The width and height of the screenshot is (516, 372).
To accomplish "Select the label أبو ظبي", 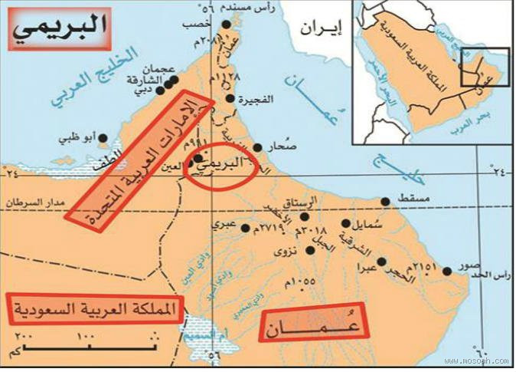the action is (79, 140).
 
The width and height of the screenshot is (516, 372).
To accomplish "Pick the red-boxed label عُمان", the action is (315, 324).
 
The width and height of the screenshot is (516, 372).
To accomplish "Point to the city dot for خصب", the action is (227, 26).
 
